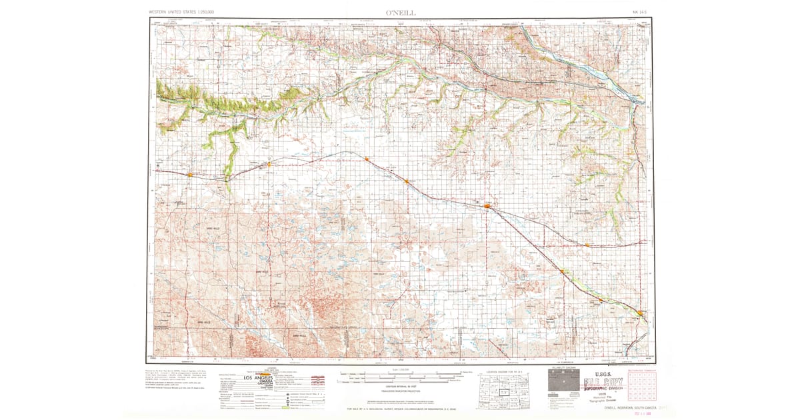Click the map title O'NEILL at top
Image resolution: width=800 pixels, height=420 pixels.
click(x=400, y=12)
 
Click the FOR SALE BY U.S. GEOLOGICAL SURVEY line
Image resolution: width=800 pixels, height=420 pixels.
click(x=400, y=407)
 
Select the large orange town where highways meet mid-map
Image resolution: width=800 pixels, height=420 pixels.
click(x=487, y=207)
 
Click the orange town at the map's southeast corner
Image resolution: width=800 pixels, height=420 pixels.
click(x=641, y=313)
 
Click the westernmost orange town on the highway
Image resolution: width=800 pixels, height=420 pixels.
click(x=190, y=175)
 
